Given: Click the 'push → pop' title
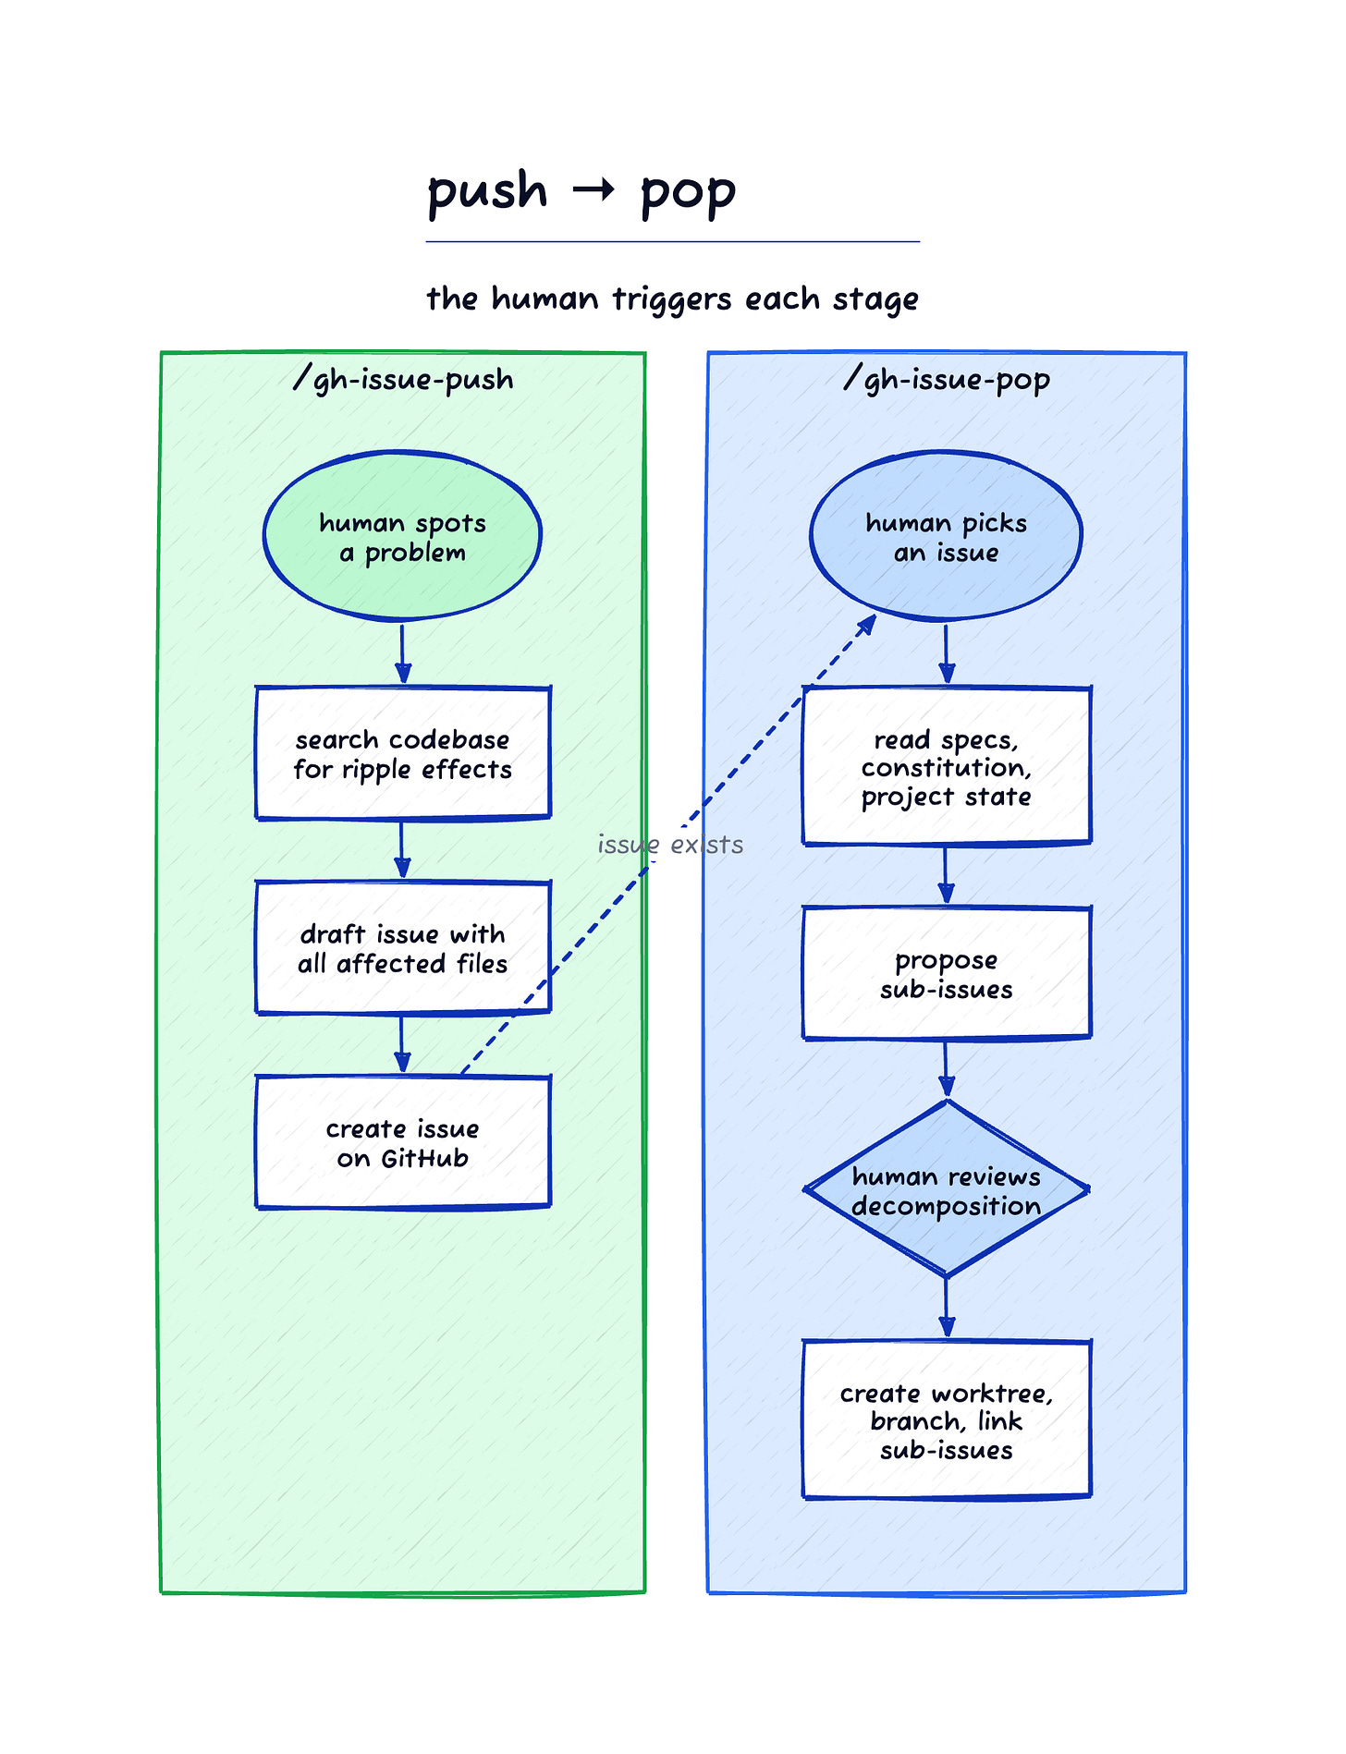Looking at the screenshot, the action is click(581, 192).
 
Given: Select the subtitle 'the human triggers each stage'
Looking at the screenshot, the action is click(672, 299).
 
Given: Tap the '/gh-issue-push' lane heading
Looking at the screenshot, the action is click(403, 379).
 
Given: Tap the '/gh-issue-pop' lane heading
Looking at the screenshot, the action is click(947, 379).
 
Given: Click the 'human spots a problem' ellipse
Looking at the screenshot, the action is click(402, 535).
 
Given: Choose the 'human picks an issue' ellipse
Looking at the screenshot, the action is click(946, 535).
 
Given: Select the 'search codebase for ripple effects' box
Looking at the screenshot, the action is click(403, 753).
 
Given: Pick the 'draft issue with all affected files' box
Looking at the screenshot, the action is click(403, 948).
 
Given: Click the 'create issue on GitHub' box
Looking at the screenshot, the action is click(403, 1142).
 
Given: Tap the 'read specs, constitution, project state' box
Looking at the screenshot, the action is click(947, 766).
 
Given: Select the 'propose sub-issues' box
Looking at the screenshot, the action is click(947, 973).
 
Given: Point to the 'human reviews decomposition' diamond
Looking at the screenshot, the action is click(947, 1189).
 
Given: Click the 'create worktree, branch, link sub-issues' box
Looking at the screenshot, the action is click(947, 1419).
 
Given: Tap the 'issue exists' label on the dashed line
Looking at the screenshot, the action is click(670, 845).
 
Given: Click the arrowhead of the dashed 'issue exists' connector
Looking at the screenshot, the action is click(868, 624).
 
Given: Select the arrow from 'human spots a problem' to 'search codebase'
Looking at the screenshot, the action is click(402, 654).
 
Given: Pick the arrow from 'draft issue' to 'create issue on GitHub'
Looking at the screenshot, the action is click(402, 1045).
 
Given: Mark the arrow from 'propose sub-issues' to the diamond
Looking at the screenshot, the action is click(946, 1070).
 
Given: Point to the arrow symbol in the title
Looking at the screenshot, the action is click(593, 190).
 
